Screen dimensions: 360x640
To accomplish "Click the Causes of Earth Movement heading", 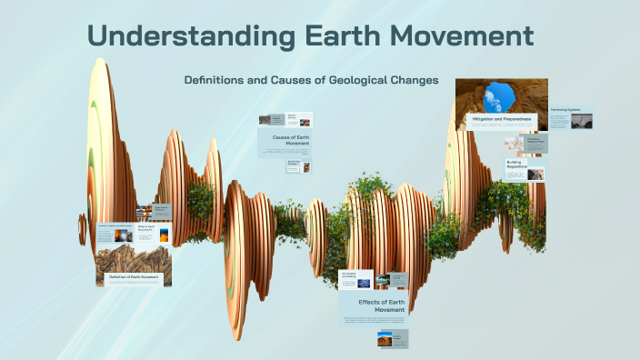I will (x=285, y=140).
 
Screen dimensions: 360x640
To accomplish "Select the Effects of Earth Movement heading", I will (x=373, y=305).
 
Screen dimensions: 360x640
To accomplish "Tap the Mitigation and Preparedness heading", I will (x=502, y=119).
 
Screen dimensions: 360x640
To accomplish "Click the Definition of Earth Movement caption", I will (x=135, y=276).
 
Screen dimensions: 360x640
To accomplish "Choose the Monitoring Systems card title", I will (x=565, y=109).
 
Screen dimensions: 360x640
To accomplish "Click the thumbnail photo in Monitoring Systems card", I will (x=582, y=121).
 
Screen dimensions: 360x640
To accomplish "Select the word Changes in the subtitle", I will (x=414, y=80).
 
